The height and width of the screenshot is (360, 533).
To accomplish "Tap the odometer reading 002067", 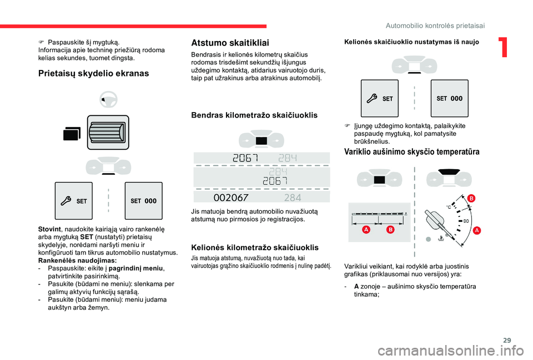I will point(231,197).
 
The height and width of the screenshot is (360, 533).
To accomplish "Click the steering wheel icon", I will point(108,101).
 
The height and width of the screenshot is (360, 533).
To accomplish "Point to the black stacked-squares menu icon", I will point(72,134).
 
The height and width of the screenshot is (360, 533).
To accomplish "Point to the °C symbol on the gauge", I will point(449,207).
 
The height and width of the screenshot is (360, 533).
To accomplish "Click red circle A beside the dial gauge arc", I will point(477,230).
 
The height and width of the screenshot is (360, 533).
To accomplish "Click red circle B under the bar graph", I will point(390,229).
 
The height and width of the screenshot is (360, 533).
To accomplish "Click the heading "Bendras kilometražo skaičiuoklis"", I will point(254,115).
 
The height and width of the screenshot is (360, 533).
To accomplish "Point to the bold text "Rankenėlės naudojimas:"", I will point(77,260).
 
